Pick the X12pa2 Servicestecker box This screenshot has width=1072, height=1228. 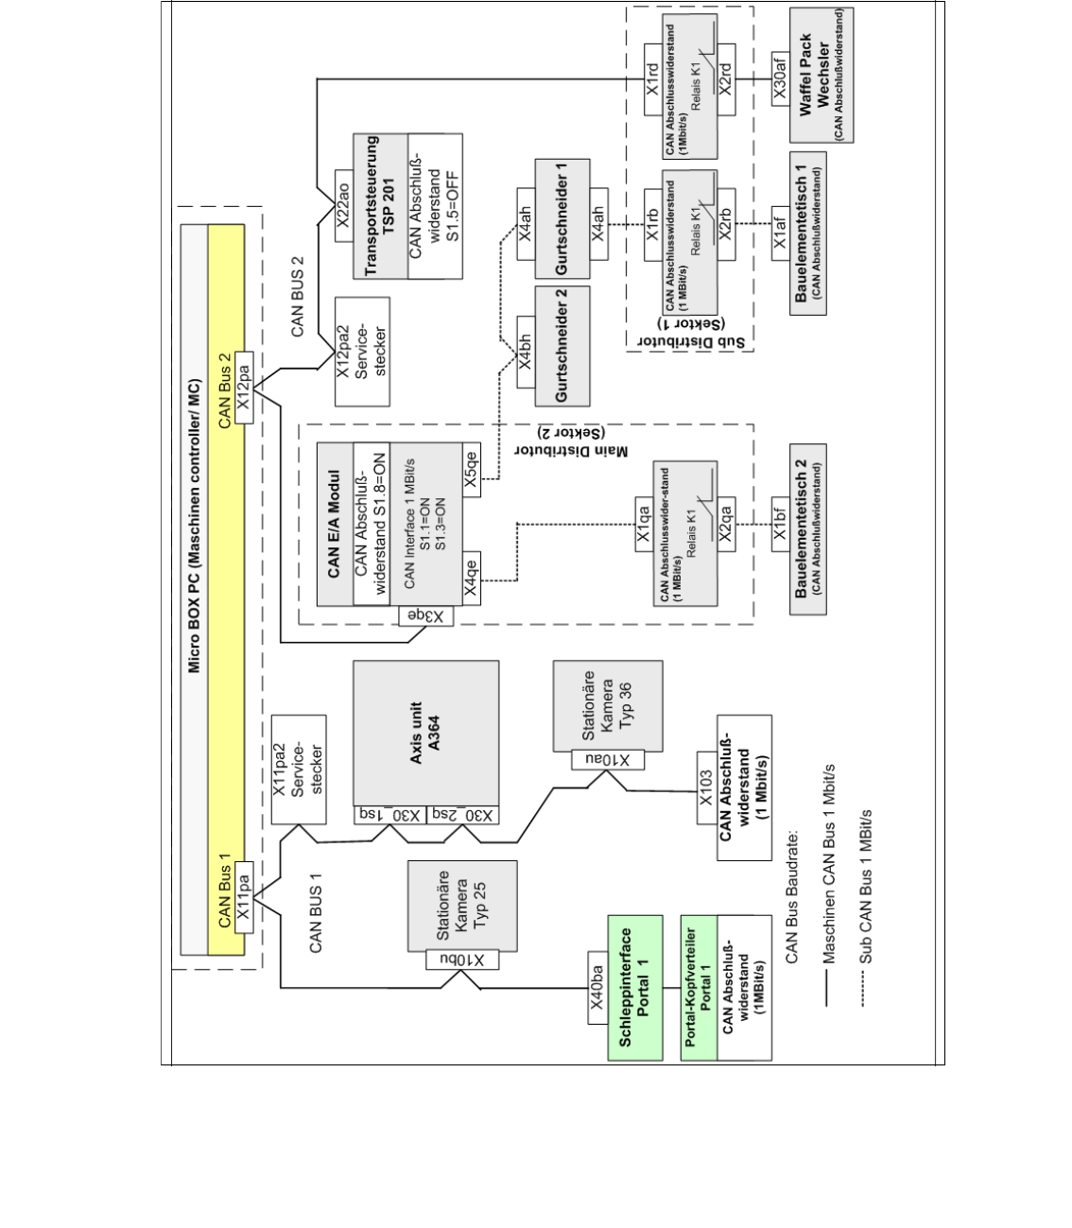click(x=361, y=352)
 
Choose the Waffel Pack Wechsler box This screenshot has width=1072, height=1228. click(x=813, y=75)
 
